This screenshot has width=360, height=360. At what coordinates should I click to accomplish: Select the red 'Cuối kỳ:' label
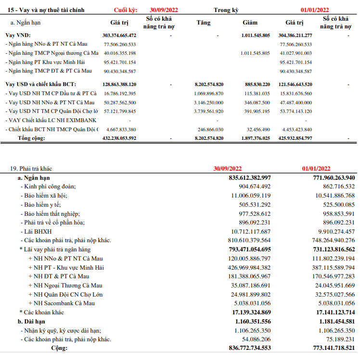(126, 10)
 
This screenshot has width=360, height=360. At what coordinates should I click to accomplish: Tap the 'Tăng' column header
(204, 22)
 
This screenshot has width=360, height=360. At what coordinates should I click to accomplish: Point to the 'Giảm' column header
(250, 22)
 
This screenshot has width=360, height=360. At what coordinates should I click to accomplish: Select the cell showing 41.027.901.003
(296, 53)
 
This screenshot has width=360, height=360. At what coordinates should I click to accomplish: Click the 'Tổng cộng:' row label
(31, 138)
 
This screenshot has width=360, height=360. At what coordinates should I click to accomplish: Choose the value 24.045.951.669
(330, 286)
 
